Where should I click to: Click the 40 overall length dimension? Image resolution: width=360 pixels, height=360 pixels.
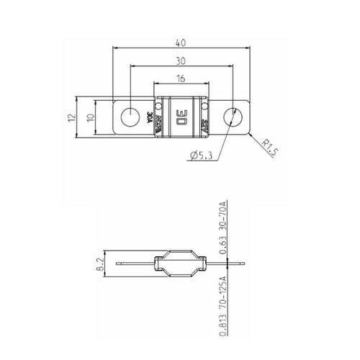pyautogui.click(x=182, y=42)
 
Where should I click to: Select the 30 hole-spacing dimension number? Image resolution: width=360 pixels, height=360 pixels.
pyautogui.click(x=182, y=61)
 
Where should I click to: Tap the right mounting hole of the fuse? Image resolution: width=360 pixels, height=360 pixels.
pyautogui.click(x=233, y=116)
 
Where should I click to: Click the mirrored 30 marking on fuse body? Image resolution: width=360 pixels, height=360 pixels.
pyautogui.click(x=181, y=116)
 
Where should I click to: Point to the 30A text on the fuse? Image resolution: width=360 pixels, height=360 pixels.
pyautogui.click(x=149, y=116)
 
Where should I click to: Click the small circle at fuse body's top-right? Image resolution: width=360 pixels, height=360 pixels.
pyautogui.click(x=206, y=101)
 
